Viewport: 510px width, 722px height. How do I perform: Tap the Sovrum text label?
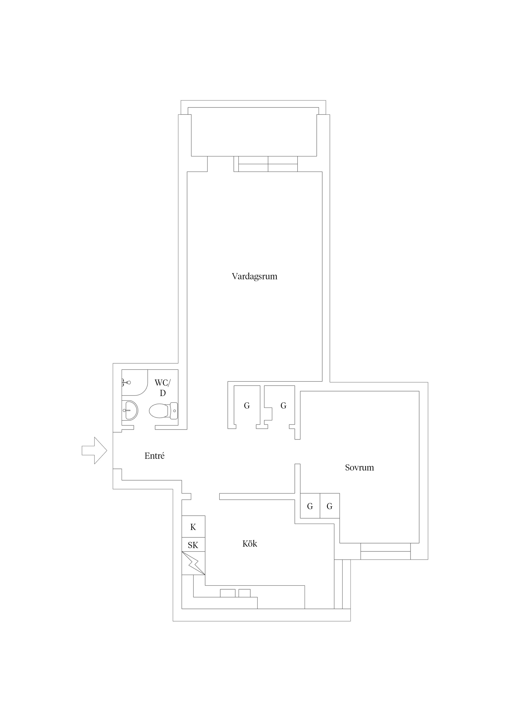pos(359,468)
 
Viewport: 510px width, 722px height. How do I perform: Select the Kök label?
pos(250,544)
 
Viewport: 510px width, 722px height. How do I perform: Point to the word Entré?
pos(155,456)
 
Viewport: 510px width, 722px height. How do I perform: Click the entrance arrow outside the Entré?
pos(94,451)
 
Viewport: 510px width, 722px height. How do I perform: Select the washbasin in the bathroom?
pos(130,410)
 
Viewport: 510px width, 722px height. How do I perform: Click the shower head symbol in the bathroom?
pos(126,383)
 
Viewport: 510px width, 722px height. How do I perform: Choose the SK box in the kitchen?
pos(193,545)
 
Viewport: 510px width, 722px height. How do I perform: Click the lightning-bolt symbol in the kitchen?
pos(193,564)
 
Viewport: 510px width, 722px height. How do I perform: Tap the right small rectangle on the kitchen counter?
pos(245,593)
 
